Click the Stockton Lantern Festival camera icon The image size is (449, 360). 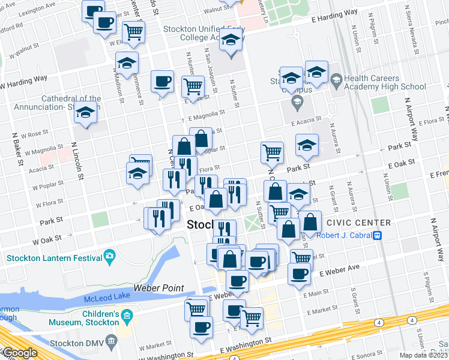pyautogui.click(x=109, y=257)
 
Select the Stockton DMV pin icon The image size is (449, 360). pyautogui.click(x=112, y=342)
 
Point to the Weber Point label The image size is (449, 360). pyautogui.click(x=158, y=288)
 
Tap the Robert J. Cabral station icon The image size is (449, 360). pyautogui.click(x=378, y=235)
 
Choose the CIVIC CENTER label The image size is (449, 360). pyautogui.click(x=359, y=223)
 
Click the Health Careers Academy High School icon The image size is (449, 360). pyautogui.click(x=336, y=79)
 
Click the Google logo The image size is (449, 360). pyautogui.click(x=19, y=353)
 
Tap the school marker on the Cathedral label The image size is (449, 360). pyautogui.click(x=86, y=113)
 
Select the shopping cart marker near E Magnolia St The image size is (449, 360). pyautogui.click(x=193, y=86)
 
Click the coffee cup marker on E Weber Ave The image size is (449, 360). pyautogui.click(x=298, y=274)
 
